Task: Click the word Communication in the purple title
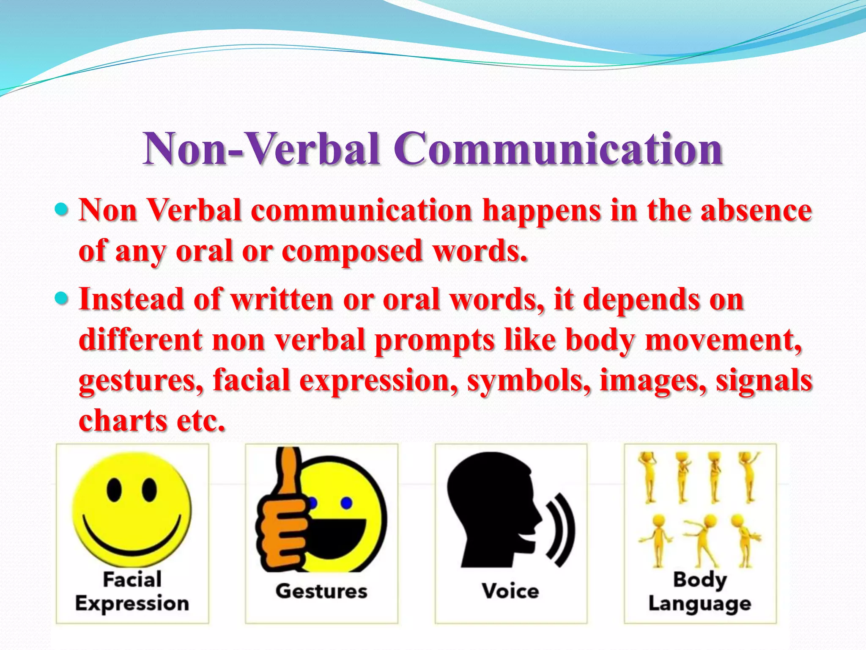[x=559, y=149]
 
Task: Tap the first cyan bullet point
[x=62, y=209]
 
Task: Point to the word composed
[x=352, y=251]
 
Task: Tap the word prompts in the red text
[x=435, y=340]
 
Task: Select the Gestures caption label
[x=321, y=591]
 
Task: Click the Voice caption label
[x=510, y=591]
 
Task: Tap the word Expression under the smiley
[x=132, y=603]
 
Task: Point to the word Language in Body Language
[x=700, y=604]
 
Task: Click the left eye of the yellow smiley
[x=114, y=490]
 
